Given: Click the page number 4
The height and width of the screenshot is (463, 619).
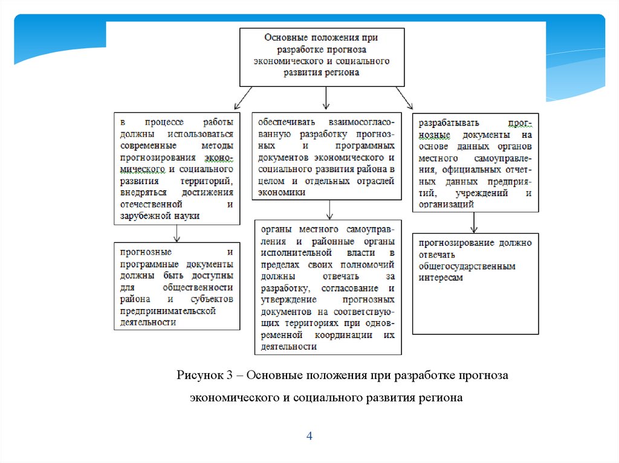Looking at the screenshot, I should click(x=309, y=436).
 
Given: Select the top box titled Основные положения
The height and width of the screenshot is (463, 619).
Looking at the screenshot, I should click(x=322, y=56).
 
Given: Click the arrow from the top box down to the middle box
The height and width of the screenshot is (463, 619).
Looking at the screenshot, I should click(x=326, y=97).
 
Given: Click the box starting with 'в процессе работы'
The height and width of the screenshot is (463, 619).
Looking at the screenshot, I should click(x=176, y=168).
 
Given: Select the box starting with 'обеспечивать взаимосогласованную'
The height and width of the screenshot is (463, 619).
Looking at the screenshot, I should click(x=326, y=155).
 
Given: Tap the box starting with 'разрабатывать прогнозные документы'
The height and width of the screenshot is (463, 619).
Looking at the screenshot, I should click(x=475, y=161).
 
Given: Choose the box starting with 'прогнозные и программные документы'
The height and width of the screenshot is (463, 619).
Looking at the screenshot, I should click(x=176, y=286).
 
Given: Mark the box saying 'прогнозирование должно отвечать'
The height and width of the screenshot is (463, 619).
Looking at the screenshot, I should click(x=475, y=283).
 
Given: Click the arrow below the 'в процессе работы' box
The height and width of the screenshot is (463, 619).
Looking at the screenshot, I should click(x=176, y=232).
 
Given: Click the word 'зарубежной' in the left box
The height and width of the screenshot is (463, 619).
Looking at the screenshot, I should click(x=143, y=215).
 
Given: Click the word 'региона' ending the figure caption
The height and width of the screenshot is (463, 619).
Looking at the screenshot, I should click(x=445, y=398).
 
